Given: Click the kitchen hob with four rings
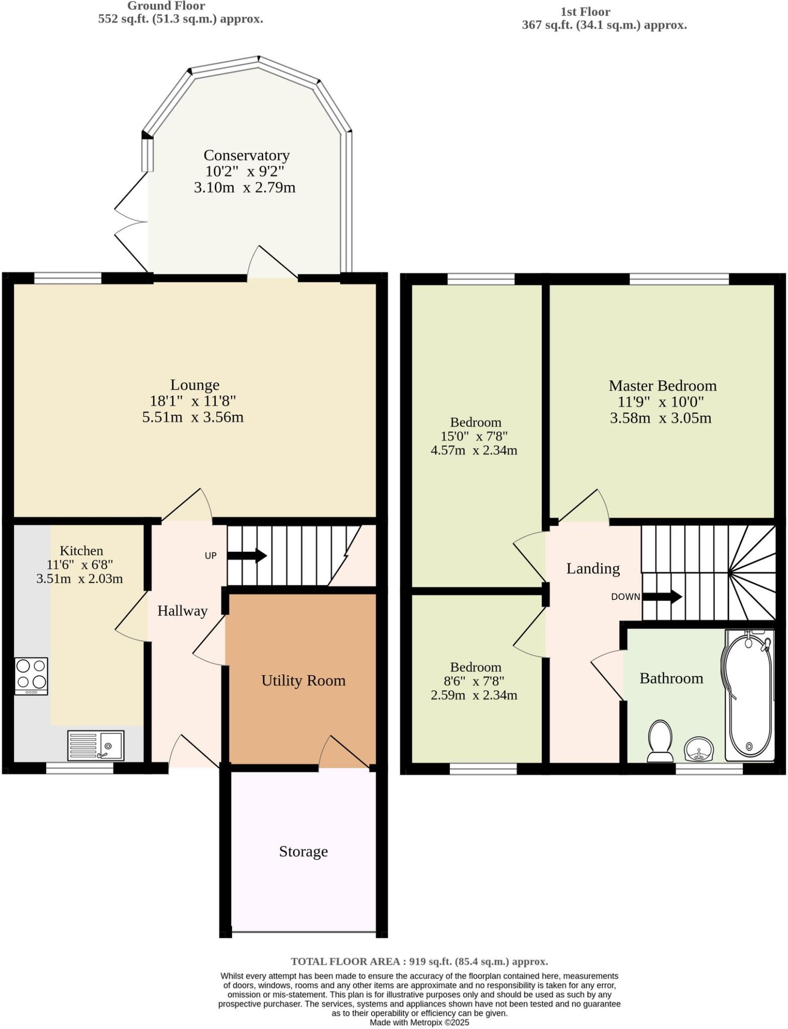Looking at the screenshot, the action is click(x=32, y=676).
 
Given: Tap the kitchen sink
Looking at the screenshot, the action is click(x=96, y=745).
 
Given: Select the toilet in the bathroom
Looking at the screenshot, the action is click(x=660, y=741).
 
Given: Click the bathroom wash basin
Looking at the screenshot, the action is click(x=699, y=749).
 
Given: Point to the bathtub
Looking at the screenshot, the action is click(x=749, y=696).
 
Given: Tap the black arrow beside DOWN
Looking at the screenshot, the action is click(x=662, y=597).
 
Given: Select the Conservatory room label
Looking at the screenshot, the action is click(x=247, y=155).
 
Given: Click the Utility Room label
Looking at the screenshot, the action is click(x=303, y=680).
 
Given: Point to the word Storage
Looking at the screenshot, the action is click(x=303, y=851).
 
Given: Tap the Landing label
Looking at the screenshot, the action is click(x=593, y=568).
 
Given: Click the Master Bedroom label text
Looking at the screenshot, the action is click(x=662, y=385).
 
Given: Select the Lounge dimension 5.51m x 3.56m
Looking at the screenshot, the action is click(x=193, y=417).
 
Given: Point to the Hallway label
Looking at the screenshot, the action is click(x=182, y=611).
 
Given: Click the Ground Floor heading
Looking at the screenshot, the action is click(x=166, y=6).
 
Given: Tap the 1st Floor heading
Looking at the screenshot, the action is click(x=586, y=12).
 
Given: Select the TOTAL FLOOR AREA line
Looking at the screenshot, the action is click(x=419, y=961).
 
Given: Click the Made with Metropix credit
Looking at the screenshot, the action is click(x=419, y=1022).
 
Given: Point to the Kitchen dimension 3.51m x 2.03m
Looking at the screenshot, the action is click(x=79, y=578).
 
